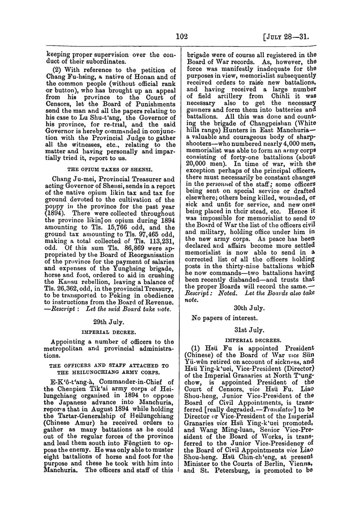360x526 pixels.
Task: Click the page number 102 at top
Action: click(x=181, y=37)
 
